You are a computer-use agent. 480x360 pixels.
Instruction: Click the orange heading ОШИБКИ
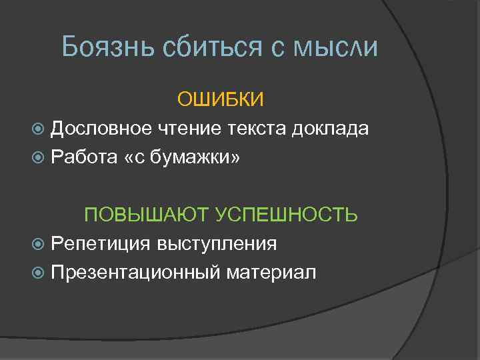click(x=221, y=99)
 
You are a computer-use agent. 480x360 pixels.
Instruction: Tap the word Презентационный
click(x=135, y=273)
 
